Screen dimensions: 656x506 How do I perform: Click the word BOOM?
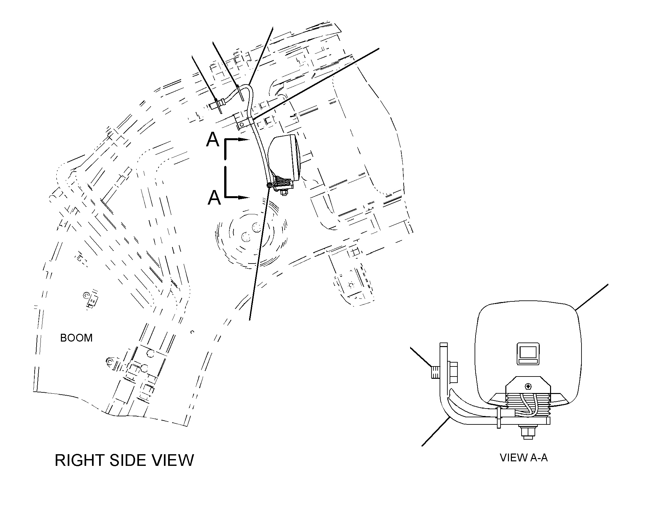coord(76,338)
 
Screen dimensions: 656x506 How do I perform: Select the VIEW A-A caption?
coord(524,458)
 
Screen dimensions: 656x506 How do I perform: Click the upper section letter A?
coord(213,140)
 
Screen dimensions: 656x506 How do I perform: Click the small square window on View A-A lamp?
coord(528,354)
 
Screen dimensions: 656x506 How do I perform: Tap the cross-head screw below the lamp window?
coord(528,386)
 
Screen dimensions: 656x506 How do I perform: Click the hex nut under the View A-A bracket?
coord(528,433)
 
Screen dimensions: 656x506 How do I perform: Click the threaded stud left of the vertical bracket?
coord(435,372)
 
